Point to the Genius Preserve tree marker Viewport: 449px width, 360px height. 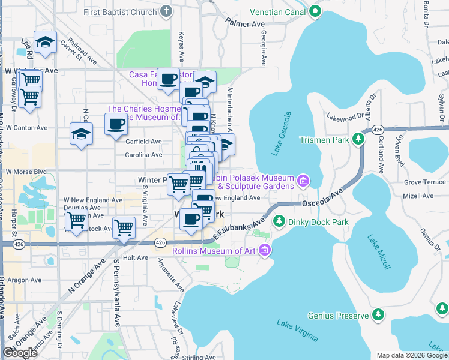(x=378, y=315)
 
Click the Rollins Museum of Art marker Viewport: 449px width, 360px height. (x=265, y=250)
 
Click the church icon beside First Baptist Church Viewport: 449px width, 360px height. (x=167, y=11)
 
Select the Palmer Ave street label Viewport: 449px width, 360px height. (x=245, y=24)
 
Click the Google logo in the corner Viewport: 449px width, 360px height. (x=20, y=353)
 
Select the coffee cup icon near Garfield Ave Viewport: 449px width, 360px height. (x=116, y=125)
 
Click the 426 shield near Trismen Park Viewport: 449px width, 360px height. (x=377, y=130)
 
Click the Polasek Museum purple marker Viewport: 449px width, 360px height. (x=303, y=180)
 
